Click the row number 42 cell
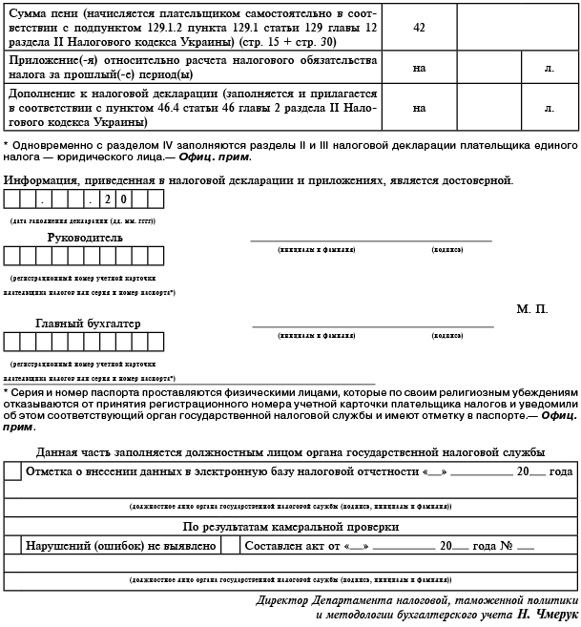pyautogui.click(x=419, y=27)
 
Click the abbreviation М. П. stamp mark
pyautogui.click(x=531, y=310)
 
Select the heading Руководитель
pyautogui.click(x=85, y=237)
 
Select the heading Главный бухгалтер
pyautogui.click(x=88, y=324)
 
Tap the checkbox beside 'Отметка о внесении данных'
pyautogui.click(x=12, y=471)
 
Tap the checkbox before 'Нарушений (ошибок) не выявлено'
pyautogui.click(x=12, y=546)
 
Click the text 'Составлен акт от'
pyautogui.click(x=290, y=546)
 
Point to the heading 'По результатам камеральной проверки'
pyautogui.click(x=290, y=526)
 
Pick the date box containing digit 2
pyautogui.click(x=108, y=199)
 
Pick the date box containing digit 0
pyautogui.click(x=125, y=199)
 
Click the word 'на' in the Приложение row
pyautogui.click(x=419, y=69)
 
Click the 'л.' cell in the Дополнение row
pyautogui.click(x=549, y=108)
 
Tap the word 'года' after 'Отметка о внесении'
pyautogui.click(x=560, y=471)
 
